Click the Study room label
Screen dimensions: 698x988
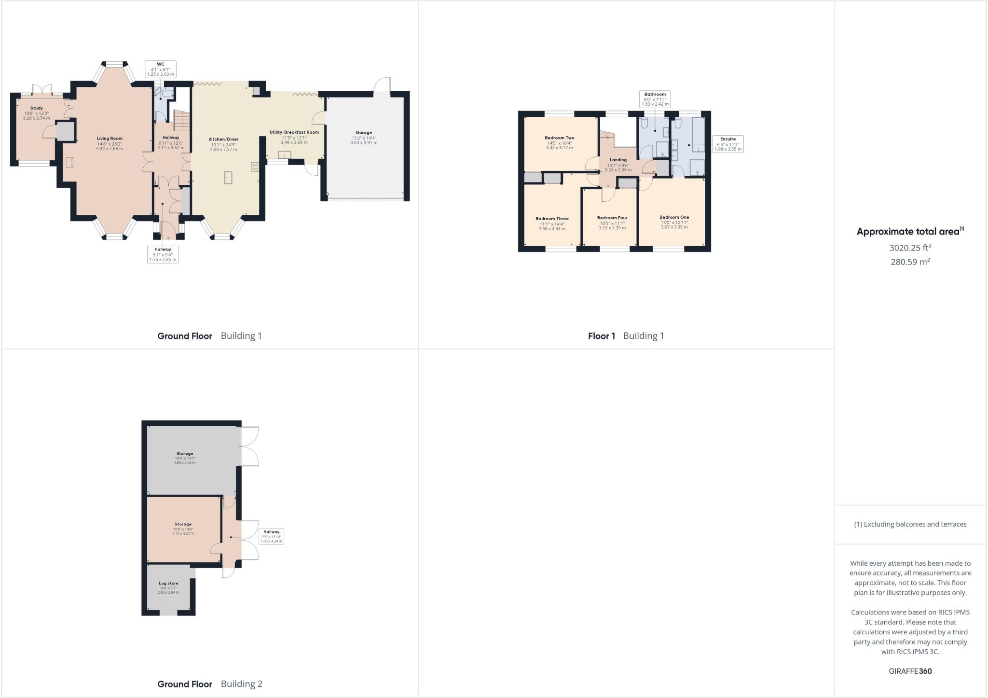36,108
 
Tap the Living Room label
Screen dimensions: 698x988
110,139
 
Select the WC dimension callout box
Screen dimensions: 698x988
161,69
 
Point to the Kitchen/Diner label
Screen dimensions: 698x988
223,140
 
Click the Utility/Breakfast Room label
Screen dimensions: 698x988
294,132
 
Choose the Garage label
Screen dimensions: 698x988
364,133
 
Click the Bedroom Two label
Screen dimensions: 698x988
559,138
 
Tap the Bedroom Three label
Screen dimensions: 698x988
551,219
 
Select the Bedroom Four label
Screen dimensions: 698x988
612,218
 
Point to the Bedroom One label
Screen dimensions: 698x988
674,217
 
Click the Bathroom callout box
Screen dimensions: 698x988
655,99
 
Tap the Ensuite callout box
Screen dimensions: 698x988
727,144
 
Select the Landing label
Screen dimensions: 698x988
618,160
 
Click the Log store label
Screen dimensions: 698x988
169,584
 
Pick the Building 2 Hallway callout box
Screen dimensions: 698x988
271,536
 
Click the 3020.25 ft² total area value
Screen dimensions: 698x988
910,248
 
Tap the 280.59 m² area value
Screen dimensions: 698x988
910,262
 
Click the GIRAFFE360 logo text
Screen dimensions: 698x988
910,671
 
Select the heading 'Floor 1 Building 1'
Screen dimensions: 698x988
626,336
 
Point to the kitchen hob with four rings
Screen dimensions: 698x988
255,167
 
